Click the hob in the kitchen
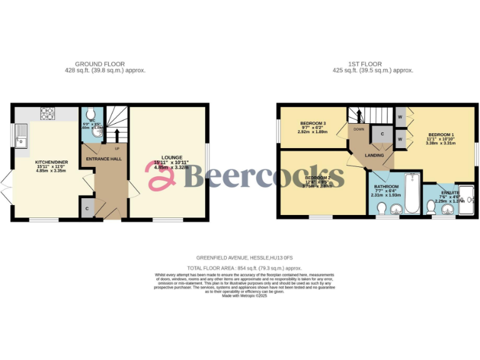(x=48, y=114)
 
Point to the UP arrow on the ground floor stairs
(x=116, y=137)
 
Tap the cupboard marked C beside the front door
(x=87, y=208)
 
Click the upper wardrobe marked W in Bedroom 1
(x=399, y=116)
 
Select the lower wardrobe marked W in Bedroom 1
(x=399, y=135)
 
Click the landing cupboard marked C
(x=381, y=134)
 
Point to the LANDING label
(x=374, y=155)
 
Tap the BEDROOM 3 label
(x=312, y=123)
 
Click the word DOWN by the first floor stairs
(x=359, y=129)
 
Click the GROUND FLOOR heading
(x=99, y=64)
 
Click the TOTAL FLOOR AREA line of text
(x=239, y=267)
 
